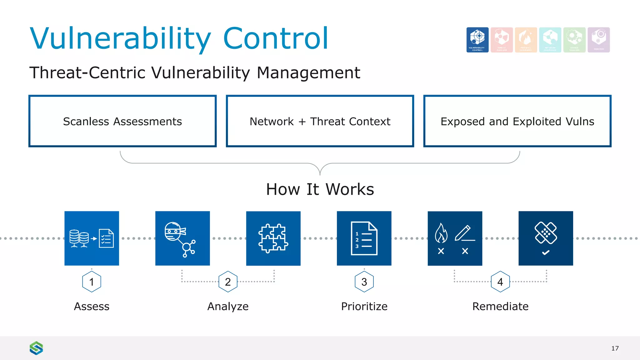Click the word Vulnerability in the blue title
pyautogui.click(x=120, y=38)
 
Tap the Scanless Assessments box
pyautogui.click(x=122, y=121)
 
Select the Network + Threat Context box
pyautogui.click(x=320, y=121)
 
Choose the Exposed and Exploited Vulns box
pyautogui.click(x=517, y=121)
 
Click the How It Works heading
pyautogui.click(x=320, y=189)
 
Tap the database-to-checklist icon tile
pyautogui.click(x=92, y=238)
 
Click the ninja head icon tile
pyautogui.click(x=182, y=238)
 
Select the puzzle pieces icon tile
pyautogui.click(x=273, y=238)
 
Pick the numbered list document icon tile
pyautogui.click(x=364, y=238)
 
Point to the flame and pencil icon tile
pyautogui.click(x=455, y=238)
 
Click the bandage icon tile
pyautogui.click(x=546, y=238)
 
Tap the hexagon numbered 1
pyautogui.click(x=92, y=282)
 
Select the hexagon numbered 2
pyautogui.click(x=228, y=282)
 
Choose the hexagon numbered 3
pyautogui.click(x=364, y=282)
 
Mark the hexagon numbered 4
pyautogui.click(x=500, y=282)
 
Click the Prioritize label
pyautogui.click(x=364, y=306)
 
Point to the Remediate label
pyautogui.click(x=500, y=306)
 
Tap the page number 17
pyautogui.click(x=615, y=348)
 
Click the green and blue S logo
pyautogui.click(x=36, y=348)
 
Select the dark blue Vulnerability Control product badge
pyautogui.click(x=477, y=40)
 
